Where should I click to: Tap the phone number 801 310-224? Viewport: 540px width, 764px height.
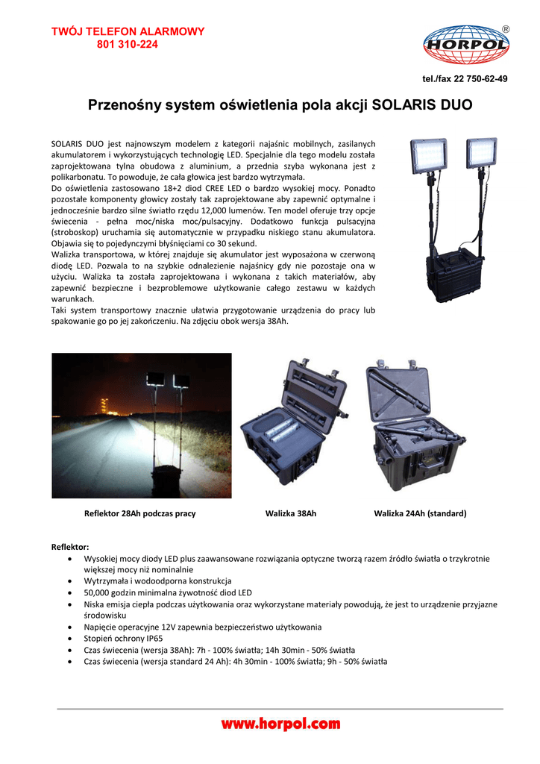128,44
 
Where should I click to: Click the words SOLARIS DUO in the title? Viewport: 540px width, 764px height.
422,105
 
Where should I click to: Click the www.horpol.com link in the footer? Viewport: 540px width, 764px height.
280,723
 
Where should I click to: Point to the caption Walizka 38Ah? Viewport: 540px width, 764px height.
291,513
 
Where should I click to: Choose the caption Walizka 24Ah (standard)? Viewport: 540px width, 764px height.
420,513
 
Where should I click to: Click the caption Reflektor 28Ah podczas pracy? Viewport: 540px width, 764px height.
140,513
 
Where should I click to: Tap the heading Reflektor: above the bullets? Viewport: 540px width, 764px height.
70,547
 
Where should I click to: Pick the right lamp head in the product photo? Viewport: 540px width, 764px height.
481,153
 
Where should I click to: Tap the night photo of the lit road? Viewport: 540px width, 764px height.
142,425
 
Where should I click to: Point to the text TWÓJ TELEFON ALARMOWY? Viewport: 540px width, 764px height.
128,31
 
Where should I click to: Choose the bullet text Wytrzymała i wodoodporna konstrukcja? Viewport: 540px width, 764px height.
157,580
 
